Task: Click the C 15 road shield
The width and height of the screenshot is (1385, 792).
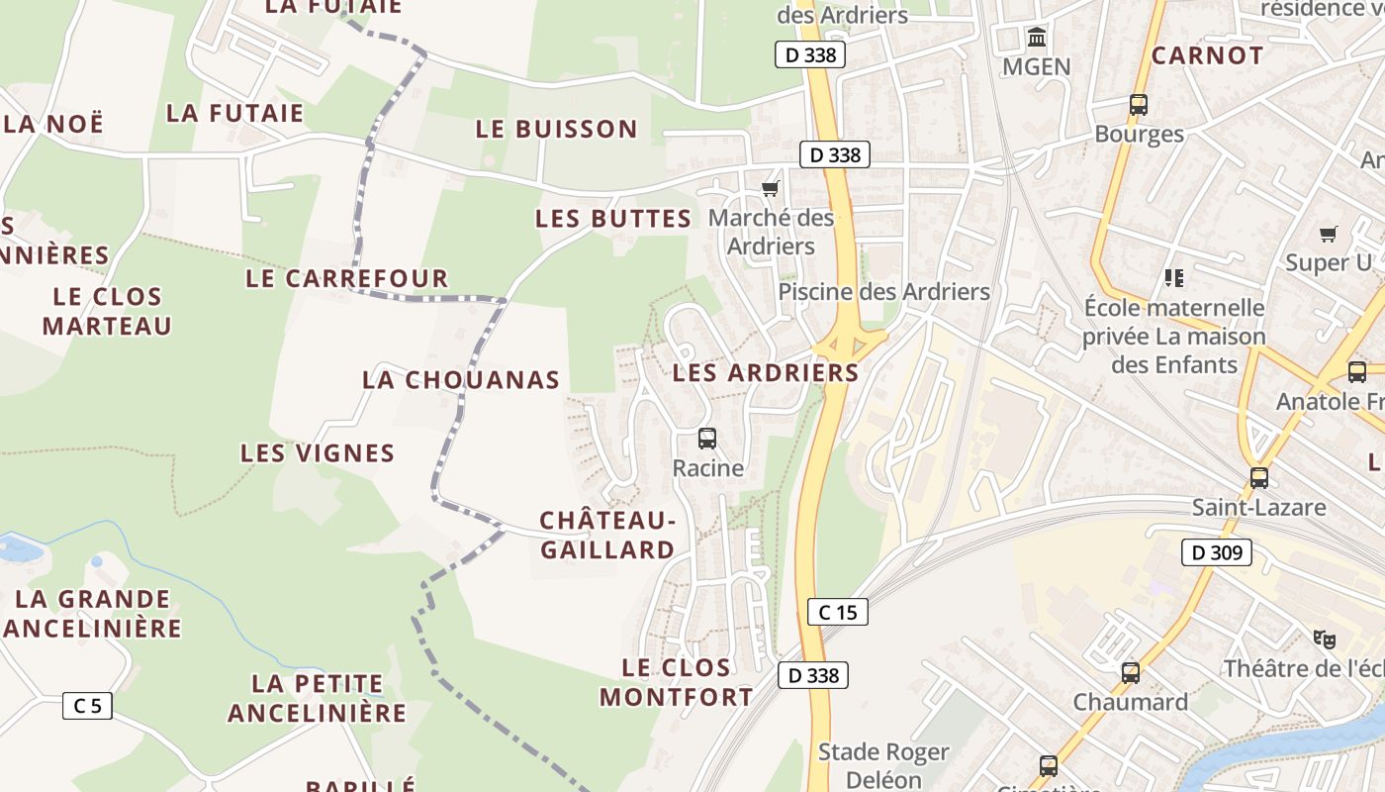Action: [838, 612]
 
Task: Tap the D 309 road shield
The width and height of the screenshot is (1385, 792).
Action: [1216, 552]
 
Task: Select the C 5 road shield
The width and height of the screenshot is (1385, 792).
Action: [87, 706]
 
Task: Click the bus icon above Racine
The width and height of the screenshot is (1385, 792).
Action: [707, 438]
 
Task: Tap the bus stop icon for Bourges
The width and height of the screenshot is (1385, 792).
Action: [1139, 104]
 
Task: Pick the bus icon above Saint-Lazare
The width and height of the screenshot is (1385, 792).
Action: [1258, 477]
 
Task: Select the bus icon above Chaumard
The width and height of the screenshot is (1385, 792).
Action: [1130, 673]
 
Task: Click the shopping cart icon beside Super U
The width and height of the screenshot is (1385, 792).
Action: [1328, 235]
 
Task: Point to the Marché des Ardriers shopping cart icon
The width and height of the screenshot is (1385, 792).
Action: [771, 188]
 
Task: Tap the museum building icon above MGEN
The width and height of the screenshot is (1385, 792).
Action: [1037, 39]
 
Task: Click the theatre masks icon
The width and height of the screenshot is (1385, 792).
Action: [1324, 639]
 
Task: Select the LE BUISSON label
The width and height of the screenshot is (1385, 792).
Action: [557, 129]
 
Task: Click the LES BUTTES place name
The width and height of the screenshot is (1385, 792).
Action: [613, 219]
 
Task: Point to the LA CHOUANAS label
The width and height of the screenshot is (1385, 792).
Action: [461, 379]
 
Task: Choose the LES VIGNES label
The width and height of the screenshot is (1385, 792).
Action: [318, 453]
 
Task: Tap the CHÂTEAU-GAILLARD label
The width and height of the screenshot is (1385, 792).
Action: [607, 535]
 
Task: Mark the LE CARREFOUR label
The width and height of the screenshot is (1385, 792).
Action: [347, 278]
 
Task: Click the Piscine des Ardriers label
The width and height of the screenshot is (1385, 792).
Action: [883, 292]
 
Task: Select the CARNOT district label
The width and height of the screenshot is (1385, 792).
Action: [1207, 55]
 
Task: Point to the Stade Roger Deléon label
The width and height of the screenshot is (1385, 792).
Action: [883, 765]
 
